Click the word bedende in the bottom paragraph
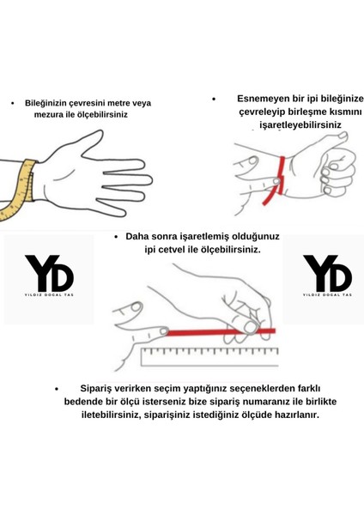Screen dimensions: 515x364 tap(87, 401)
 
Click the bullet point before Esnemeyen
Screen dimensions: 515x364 tap(212, 98)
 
